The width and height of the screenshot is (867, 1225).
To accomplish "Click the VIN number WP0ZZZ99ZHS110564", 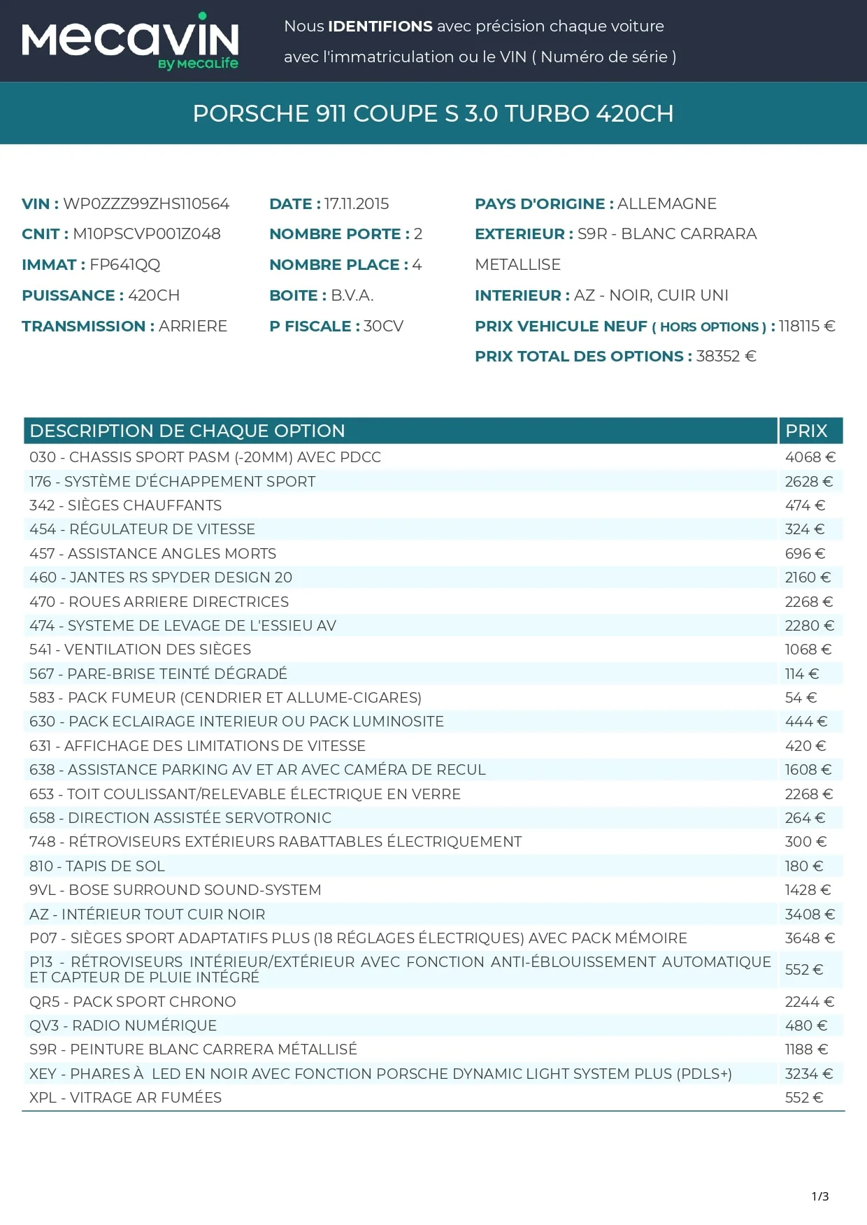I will (146, 203).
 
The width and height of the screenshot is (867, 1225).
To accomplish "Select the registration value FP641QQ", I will (125, 264).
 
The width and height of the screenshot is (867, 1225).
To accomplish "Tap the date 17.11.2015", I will (357, 203).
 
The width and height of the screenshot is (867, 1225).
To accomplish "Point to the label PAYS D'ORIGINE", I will (544, 203).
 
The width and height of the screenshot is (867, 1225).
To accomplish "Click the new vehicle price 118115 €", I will (807, 326).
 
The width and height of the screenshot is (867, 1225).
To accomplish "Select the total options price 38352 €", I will (726, 356).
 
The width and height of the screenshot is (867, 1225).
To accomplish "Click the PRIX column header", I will (806, 431).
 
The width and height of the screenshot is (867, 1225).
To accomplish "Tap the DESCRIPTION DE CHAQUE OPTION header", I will (187, 431).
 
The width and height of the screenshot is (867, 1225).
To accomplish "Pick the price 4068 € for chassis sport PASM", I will (810, 457).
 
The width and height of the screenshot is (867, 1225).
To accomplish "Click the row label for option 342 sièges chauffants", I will (125, 506).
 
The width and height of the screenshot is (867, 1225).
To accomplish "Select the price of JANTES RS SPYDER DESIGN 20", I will (808, 578).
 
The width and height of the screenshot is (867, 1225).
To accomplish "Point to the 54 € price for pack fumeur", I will (801, 698).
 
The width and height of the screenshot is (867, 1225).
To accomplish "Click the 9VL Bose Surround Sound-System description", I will (175, 890).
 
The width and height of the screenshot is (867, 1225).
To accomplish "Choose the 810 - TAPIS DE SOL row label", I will (97, 866).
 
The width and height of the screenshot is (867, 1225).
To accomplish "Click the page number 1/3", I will (820, 1196).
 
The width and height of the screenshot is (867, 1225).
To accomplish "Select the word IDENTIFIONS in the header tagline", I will (380, 27).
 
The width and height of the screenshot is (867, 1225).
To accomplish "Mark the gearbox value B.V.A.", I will (352, 295).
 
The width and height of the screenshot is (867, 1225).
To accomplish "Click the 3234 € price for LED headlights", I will (808, 1074).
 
